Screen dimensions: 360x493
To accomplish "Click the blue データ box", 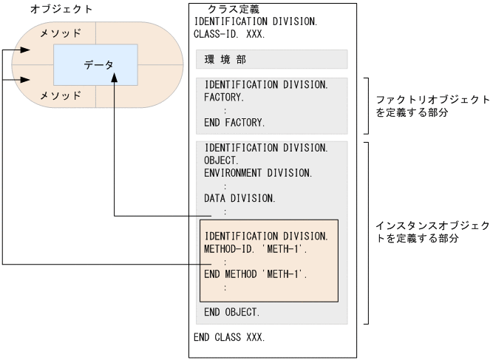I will point(95,64).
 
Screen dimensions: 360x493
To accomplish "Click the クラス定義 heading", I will point(232,9).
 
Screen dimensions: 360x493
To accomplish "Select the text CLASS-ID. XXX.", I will point(229,33).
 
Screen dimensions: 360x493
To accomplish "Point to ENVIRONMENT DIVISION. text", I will point(258,172).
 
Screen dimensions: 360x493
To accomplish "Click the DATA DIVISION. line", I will point(240,198).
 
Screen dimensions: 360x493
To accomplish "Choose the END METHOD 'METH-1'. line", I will point(255,274).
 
